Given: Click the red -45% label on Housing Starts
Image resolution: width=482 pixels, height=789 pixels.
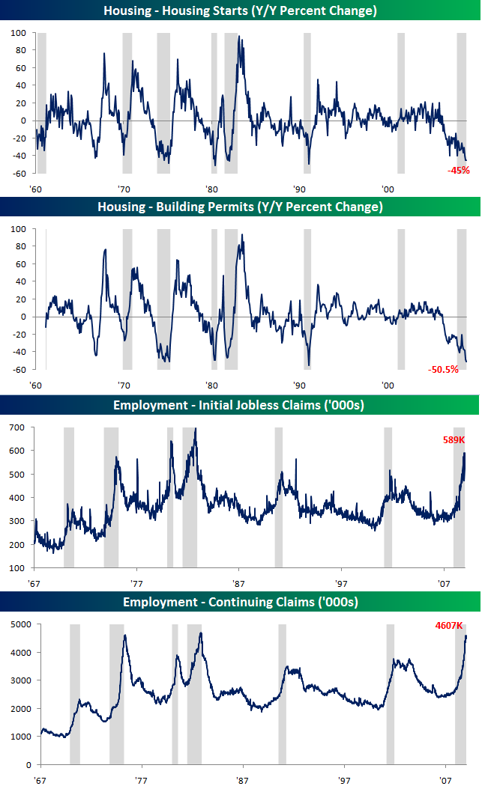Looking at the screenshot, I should point(458,170).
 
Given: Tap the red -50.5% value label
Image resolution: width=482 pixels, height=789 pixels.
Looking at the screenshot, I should point(443,369).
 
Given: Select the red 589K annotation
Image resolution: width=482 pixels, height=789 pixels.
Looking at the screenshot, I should point(454,439).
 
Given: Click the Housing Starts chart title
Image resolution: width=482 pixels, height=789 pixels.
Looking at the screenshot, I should point(240,10).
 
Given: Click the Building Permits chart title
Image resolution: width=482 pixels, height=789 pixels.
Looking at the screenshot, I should point(240,207).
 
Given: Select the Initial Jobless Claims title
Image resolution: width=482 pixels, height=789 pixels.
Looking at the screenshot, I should point(240,406).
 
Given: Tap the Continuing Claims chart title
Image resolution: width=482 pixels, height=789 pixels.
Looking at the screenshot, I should point(240,602).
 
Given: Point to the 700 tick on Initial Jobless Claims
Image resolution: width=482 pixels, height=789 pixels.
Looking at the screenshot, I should point(16,427).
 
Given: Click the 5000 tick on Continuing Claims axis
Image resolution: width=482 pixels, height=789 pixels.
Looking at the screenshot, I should point(14,624).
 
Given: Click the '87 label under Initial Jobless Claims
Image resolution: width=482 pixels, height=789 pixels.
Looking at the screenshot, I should point(239,583).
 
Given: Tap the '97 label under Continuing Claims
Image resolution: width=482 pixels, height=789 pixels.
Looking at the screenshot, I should point(344,779).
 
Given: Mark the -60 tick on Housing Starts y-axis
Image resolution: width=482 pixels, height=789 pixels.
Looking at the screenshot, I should point(17,174).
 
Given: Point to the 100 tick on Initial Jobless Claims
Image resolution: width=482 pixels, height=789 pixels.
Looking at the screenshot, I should point(16,568).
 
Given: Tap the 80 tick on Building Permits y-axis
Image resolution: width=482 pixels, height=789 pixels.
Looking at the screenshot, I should point(19,246).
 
